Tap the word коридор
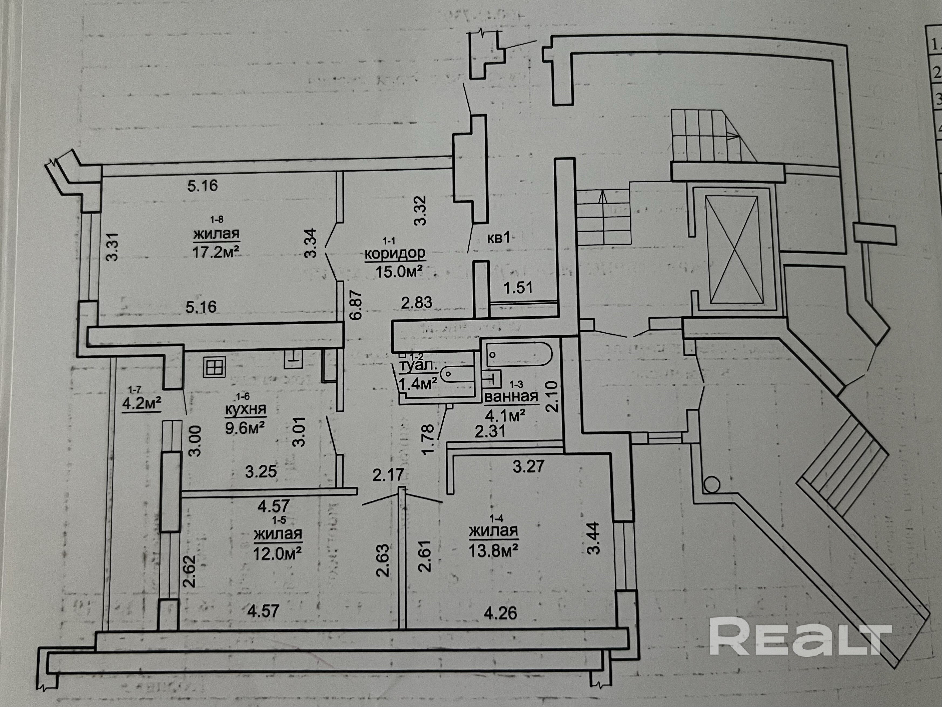(395, 254)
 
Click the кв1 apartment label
(498, 238)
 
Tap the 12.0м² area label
(278, 554)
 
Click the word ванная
(511, 397)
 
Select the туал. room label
(418, 365)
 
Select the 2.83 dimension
(416, 302)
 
